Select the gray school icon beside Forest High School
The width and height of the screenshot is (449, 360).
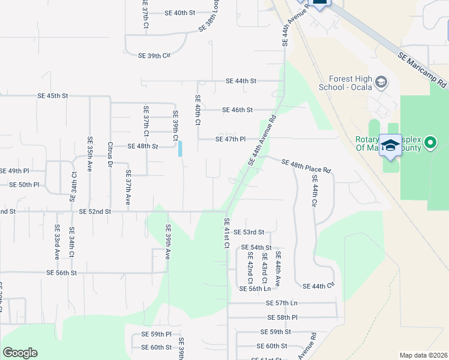point(381,82)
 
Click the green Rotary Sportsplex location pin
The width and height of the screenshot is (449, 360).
point(429,143)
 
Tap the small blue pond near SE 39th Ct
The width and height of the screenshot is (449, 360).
point(180,148)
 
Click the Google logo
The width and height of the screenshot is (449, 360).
point(20,353)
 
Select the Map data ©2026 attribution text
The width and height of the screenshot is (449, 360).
point(423,355)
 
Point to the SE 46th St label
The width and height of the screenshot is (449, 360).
point(237,110)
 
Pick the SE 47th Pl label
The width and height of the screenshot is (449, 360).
point(231,139)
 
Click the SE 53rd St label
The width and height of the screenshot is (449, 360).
point(249,232)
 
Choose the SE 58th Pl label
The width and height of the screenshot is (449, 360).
point(282,317)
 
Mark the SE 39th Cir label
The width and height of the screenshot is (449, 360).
point(155,55)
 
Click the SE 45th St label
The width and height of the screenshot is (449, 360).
point(53,95)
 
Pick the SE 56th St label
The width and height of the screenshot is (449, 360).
point(62,272)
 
